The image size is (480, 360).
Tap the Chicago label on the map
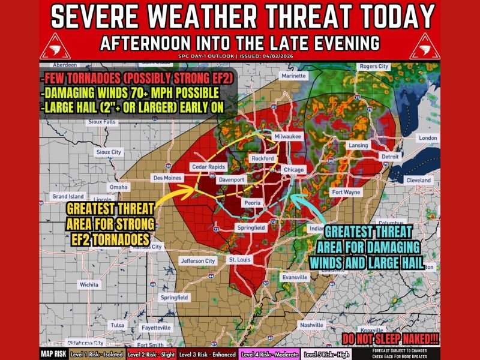[295, 170]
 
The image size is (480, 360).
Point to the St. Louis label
[240, 259]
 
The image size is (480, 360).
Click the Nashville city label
[312, 325]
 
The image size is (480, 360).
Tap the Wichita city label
[89, 285]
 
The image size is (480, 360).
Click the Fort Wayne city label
[346, 192]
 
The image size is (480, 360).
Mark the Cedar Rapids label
[206, 166]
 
